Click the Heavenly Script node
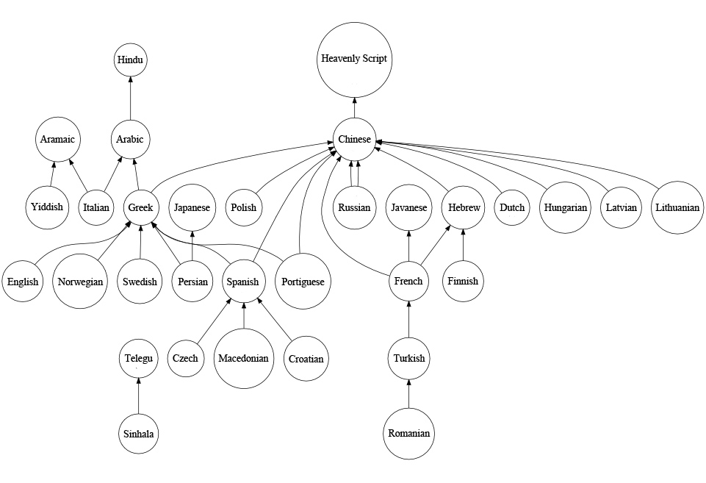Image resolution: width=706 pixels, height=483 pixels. (354, 59)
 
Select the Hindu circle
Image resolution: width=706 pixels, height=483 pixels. (131, 60)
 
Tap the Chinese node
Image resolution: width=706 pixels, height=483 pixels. (354, 140)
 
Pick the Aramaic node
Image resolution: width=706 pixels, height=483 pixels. (58, 140)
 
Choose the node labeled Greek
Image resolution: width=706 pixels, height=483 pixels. (140, 207)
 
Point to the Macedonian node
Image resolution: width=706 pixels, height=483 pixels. (244, 359)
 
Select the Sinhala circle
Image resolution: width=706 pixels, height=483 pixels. (139, 434)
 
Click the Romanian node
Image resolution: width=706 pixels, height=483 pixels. (409, 434)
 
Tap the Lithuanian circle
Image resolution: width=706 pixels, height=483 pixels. (677, 207)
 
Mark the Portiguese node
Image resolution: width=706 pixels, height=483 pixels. (303, 282)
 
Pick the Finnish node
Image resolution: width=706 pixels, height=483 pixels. (463, 281)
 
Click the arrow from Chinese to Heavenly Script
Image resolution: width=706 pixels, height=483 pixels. (354, 107)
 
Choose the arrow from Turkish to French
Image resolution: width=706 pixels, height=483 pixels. (409, 320)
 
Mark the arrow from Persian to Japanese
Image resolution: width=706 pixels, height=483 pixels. (192, 245)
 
